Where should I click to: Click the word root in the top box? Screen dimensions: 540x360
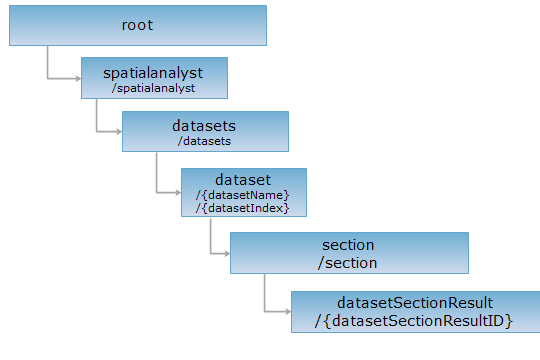137,25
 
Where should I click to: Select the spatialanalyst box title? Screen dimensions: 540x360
153,74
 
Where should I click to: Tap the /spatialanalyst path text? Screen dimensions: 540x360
153,88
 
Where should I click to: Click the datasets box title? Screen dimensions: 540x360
204,126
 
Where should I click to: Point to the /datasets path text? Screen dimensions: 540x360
204,141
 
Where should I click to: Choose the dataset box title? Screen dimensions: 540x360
243,180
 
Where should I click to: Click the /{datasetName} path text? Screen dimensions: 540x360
242,195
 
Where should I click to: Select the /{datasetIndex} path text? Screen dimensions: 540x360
242,208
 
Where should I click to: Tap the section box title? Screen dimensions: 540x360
348,245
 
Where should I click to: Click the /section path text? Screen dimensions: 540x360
347,263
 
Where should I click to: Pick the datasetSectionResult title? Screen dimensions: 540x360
415,303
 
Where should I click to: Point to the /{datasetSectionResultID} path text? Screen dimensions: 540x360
414,321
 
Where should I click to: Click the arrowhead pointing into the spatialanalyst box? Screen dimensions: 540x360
79,79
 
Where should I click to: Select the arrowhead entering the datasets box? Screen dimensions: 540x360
120,131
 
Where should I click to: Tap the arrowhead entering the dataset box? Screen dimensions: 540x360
178,193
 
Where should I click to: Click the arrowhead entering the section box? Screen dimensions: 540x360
227,254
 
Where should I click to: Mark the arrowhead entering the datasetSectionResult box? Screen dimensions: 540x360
288,312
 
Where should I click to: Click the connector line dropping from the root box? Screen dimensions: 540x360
48,62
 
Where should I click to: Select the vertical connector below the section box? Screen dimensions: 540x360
264,293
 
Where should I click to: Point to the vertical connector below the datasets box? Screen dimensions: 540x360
157,172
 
